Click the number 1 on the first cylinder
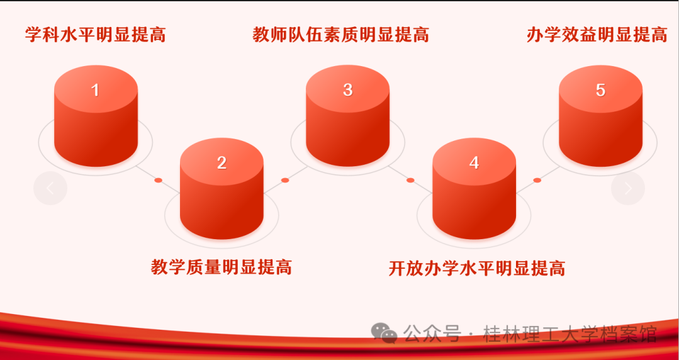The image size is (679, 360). pyautogui.click(x=95, y=90)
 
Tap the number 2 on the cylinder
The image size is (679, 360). pyautogui.click(x=222, y=163)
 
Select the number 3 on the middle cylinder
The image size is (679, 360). pyautogui.click(x=348, y=89)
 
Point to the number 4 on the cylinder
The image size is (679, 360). pyautogui.click(x=474, y=163)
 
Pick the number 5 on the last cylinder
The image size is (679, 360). pyautogui.click(x=600, y=90)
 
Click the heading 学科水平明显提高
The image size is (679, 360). pyautogui.click(x=95, y=35)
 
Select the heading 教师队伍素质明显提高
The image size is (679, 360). pyautogui.click(x=341, y=35)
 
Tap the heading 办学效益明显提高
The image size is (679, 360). pyautogui.click(x=597, y=35)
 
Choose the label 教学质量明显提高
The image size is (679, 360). pyautogui.click(x=222, y=267)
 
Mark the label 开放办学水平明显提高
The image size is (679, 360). pyautogui.click(x=477, y=269)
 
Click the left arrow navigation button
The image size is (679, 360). pyautogui.click(x=50, y=188)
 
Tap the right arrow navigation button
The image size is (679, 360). pyautogui.click(x=628, y=188)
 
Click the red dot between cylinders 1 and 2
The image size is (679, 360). pyautogui.click(x=158, y=180)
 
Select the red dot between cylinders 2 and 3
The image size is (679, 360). pyautogui.click(x=285, y=180)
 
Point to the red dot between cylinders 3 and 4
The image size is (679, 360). pyautogui.click(x=410, y=180)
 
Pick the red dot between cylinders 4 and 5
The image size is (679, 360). pyautogui.click(x=537, y=180)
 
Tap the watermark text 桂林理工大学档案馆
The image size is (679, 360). pyautogui.click(x=570, y=334)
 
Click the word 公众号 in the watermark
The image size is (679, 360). pyautogui.click(x=431, y=334)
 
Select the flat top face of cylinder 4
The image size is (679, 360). pyautogui.click(x=474, y=162)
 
